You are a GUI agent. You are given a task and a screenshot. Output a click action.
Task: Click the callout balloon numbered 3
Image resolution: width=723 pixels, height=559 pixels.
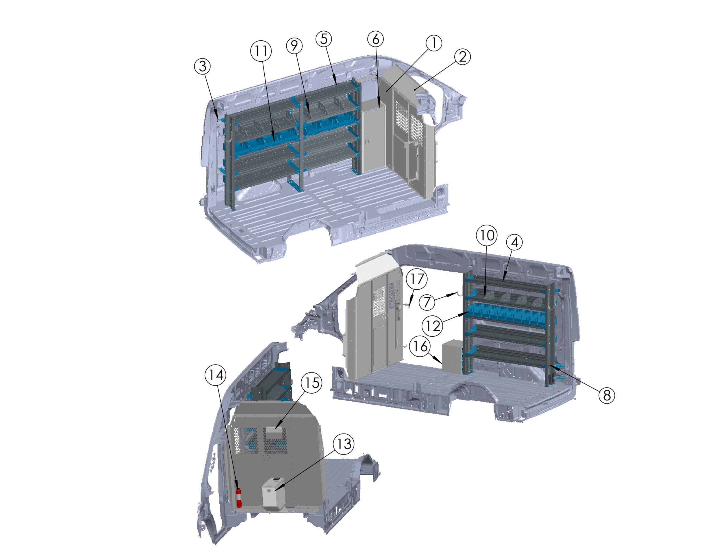[x=202, y=66]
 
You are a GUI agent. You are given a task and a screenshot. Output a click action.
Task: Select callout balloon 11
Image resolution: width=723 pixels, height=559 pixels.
[x=261, y=51]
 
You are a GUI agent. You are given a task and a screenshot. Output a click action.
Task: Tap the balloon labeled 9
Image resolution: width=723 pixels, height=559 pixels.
[x=294, y=45]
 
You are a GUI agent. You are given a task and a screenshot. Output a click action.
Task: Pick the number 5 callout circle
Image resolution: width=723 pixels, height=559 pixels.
[x=324, y=39]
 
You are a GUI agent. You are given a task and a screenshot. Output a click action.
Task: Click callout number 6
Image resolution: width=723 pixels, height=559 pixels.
[x=376, y=39]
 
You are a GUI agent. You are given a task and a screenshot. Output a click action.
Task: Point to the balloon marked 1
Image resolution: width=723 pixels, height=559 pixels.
[x=434, y=43]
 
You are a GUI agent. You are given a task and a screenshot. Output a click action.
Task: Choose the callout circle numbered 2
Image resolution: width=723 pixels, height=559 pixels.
[x=463, y=57]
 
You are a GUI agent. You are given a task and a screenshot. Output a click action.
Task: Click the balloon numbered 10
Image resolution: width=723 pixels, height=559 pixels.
[x=487, y=235]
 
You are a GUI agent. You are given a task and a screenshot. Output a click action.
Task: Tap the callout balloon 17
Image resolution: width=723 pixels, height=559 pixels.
[x=417, y=279]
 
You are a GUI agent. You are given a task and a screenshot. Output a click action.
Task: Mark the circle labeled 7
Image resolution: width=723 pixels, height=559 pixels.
[x=427, y=302]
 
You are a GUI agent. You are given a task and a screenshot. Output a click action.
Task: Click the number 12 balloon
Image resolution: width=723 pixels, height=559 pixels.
[x=432, y=326]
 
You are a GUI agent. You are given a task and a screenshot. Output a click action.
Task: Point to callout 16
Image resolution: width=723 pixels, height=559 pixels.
[x=420, y=346]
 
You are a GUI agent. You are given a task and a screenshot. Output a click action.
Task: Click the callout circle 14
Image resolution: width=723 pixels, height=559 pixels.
[x=216, y=375]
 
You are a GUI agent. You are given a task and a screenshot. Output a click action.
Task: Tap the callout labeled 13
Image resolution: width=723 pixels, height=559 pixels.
[x=344, y=444]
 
